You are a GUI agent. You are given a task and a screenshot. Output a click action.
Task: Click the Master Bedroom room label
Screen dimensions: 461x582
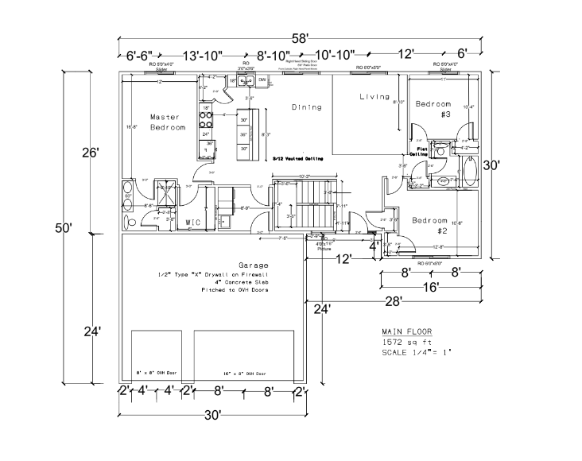point(168,122)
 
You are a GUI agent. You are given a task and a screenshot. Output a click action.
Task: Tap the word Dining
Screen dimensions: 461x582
point(306,107)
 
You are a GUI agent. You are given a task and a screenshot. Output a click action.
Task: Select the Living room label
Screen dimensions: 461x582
point(374,97)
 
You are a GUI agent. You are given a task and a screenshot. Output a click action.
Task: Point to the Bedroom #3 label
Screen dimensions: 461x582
point(433,109)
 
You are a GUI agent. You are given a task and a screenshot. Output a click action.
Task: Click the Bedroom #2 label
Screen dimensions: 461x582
point(430,225)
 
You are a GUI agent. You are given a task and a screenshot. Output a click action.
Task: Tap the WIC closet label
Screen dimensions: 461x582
point(192,223)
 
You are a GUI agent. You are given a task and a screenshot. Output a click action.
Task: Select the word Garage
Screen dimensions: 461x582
point(253,265)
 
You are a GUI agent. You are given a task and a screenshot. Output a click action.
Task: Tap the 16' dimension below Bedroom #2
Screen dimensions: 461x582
point(430,287)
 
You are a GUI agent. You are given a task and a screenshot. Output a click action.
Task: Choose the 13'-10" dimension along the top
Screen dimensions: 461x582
point(203,56)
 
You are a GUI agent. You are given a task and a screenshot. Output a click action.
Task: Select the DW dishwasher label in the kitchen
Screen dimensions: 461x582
point(262,80)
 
